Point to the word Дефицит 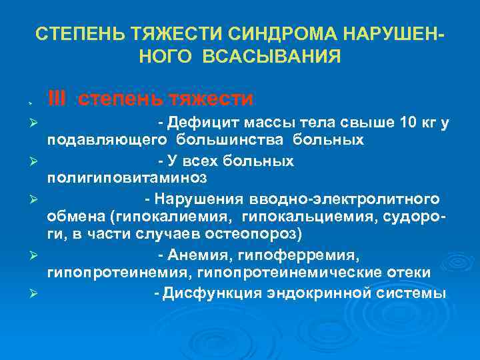tap(196, 123)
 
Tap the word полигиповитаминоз tap(127, 179)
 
